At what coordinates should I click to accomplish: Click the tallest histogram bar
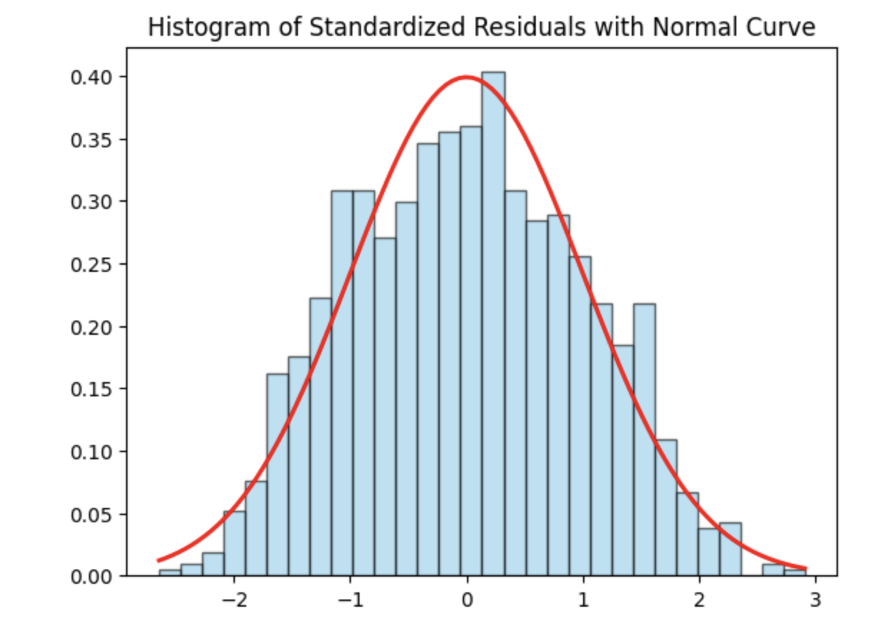(x=493, y=322)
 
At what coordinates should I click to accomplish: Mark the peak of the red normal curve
(x=466, y=77)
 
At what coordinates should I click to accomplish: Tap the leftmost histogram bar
(x=170, y=573)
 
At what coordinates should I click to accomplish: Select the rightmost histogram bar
(x=795, y=573)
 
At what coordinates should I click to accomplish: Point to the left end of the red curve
(x=159, y=560)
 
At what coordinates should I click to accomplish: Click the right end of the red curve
(x=806, y=569)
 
